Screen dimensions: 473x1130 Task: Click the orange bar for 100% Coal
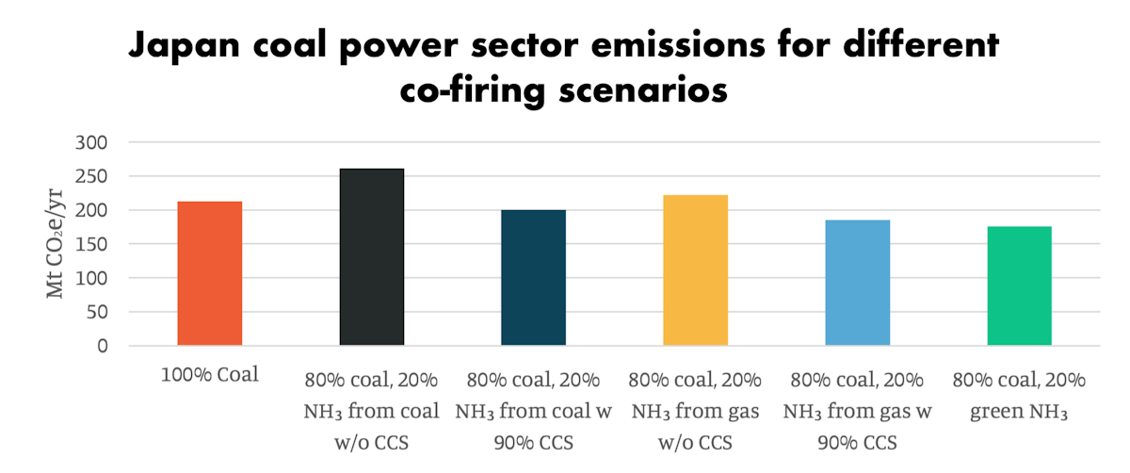(x=210, y=273)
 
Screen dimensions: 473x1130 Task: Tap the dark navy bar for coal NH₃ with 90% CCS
(x=533, y=278)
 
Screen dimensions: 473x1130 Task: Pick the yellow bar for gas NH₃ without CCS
(x=695, y=270)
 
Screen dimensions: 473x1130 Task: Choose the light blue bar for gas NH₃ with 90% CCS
(x=857, y=283)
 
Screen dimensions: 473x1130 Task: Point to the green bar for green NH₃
(x=1019, y=286)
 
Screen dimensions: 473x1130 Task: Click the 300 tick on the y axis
(x=92, y=143)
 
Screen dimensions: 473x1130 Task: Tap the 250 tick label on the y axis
(x=92, y=177)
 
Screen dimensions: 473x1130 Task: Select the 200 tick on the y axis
(x=92, y=211)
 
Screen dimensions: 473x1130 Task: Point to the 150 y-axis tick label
(x=92, y=245)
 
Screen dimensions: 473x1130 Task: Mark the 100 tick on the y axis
(x=92, y=279)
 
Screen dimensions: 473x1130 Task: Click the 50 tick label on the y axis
(x=97, y=313)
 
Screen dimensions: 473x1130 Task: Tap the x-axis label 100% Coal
(x=210, y=374)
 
